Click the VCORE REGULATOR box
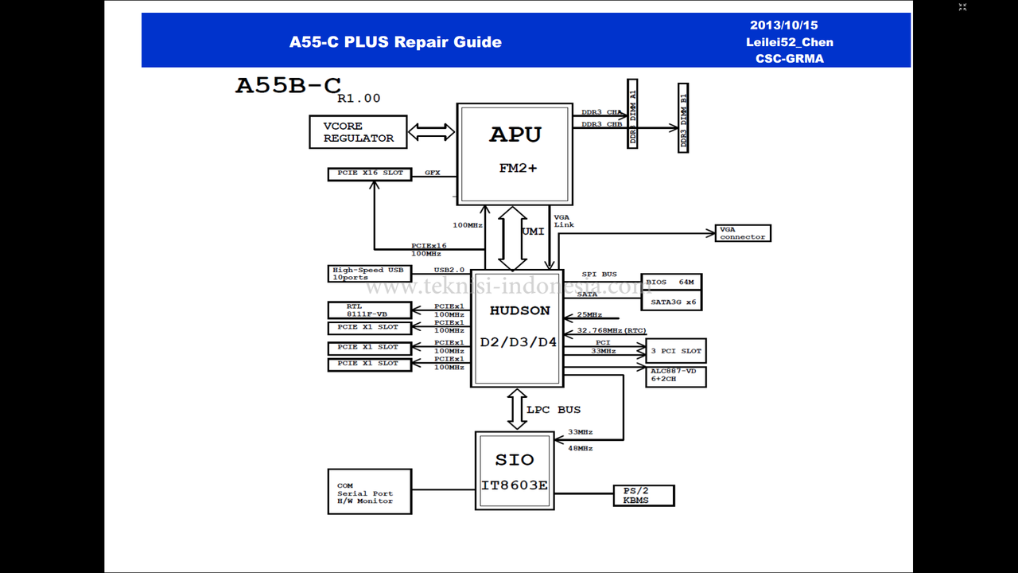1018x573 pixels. click(358, 132)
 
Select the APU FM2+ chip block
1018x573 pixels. click(515, 154)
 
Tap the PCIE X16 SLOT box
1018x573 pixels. click(370, 173)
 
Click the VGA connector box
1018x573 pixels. click(743, 233)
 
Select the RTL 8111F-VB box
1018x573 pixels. click(370, 310)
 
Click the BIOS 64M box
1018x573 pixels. click(671, 283)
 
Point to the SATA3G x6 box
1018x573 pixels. click(671, 302)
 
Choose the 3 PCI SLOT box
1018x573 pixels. click(676, 351)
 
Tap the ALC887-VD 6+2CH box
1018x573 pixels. click(676, 376)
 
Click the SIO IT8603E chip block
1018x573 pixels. click(515, 470)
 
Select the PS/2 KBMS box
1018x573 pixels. click(643, 496)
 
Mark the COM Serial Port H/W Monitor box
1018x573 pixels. click(370, 492)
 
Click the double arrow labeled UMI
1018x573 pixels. click(513, 239)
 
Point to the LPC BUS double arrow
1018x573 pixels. click(518, 410)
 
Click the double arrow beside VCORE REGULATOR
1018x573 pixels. click(431, 132)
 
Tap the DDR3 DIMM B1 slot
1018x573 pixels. click(683, 117)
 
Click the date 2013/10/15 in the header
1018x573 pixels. click(783, 25)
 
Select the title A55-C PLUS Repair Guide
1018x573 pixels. click(395, 42)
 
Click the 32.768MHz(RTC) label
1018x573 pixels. click(611, 330)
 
